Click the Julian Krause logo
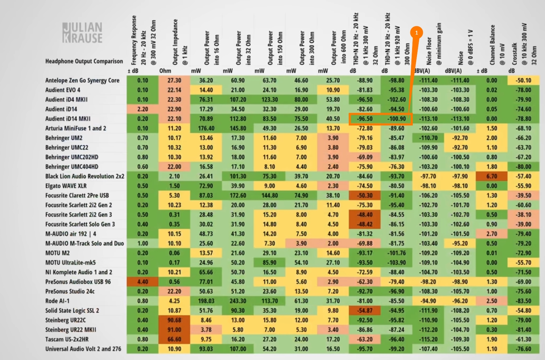pos(83,33)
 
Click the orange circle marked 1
pos(416,33)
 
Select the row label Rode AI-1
pos(57,301)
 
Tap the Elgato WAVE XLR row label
pos(66,186)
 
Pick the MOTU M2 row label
pos(57,253)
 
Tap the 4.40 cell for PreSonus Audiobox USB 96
pos(142,282)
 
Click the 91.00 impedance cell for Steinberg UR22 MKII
pos(174,330)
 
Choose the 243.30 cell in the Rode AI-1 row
pos(238,301)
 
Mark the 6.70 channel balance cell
pos(491,176)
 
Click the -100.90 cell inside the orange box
pos(396,119)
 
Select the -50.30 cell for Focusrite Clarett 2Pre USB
pos(364,195)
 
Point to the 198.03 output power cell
pos(206,301)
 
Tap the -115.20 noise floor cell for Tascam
pos(428,339)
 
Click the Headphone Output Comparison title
pos(84,61)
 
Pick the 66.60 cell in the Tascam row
pos(174,339)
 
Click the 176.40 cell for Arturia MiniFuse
pos(206,128)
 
